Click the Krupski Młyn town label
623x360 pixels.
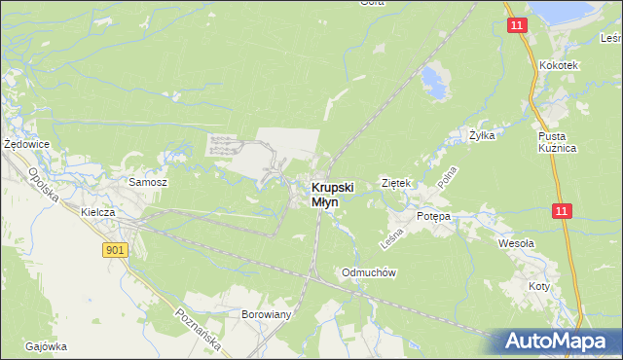tap(332, 195)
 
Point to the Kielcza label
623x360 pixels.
tap(100, 211)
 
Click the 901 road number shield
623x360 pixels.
tap(114, 250)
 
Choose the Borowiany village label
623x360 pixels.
tap(267, 315)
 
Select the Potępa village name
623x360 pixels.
tap(433, 216)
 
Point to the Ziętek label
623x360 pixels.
tap(398, 183)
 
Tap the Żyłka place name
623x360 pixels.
tap(482, 136)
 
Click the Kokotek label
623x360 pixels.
tap(559, 65)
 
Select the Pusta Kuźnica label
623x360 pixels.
tap(558, 142)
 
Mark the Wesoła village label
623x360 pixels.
tap(516, 243)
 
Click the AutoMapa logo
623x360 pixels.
tap(558, 342)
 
